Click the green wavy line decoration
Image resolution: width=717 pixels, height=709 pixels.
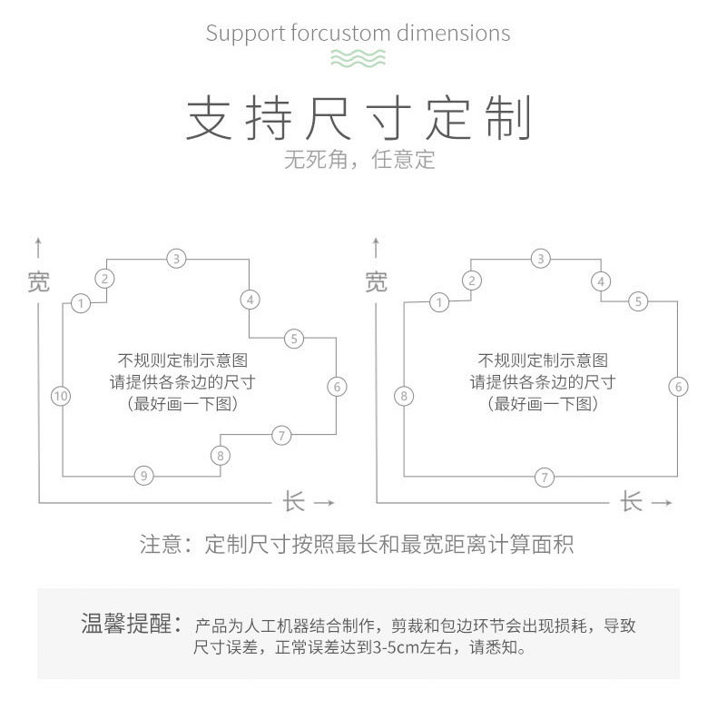click(358, 59)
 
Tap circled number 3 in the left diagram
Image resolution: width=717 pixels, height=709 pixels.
click(177, 259)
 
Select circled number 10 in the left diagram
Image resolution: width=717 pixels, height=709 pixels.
click(61, 396)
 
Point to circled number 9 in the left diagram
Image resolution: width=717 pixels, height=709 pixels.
click(143, 475)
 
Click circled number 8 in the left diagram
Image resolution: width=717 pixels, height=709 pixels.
click(220, 455)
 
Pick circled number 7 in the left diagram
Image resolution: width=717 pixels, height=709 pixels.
click(282, 436)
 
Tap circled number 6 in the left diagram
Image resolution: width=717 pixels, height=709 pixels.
click(336, 387)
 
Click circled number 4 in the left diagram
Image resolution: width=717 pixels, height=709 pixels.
click(250, 299)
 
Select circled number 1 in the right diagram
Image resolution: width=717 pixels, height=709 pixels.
click(439, 302)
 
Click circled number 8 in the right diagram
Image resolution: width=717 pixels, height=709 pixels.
click(405, 396)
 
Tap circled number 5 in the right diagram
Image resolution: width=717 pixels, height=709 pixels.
click(639, 301)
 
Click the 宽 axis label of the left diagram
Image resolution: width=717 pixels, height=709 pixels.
click(38, 281)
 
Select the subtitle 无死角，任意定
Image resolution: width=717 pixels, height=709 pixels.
click(358, 160)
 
